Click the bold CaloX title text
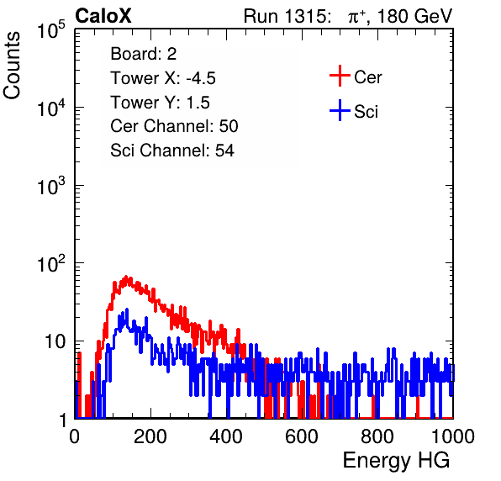[x=103, y=16]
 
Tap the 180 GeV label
[x=414, y=16]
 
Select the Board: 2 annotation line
[x=143, y=54]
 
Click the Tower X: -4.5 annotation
[x=163, y=78]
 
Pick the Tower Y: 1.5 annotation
[x=160, y=103]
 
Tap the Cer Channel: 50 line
[x=174, y=126]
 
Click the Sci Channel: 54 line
[x=172, y=151]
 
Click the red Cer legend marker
[x=340, y=76]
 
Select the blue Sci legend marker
[x=340, y=110]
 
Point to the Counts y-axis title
[x=12, y=66]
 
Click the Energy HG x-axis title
[x=396, y=461]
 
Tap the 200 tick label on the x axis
[x=150, y=436]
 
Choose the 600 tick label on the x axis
[x=302, y=436]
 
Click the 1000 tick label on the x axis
[x=453, y=436]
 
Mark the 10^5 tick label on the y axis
[x=51, y=29]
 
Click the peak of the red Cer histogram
[x=126, y=277]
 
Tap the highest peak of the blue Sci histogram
[x=127, y=309]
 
